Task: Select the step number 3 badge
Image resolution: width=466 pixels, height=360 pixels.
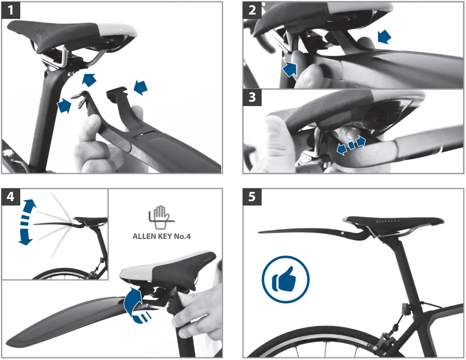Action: [252, 97]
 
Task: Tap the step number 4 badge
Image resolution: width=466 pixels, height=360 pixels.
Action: [11, 197]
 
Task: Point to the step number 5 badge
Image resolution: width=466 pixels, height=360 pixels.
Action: [252, 197]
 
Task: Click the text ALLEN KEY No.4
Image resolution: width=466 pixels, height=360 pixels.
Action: [162, 236]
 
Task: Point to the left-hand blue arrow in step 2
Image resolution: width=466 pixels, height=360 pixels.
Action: [290, 69]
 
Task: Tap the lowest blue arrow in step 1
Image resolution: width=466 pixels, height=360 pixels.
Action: [64, 106]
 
